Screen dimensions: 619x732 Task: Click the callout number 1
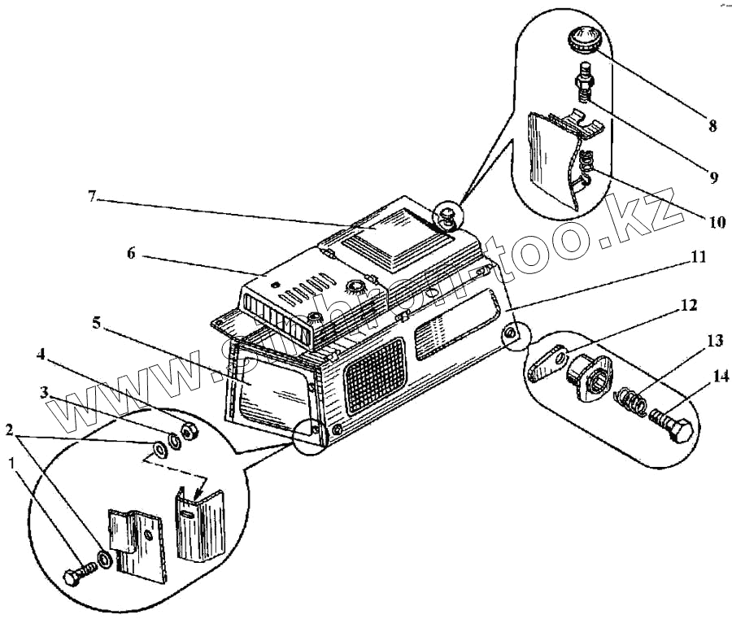point(12,463)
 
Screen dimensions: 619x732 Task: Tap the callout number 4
point(40,355)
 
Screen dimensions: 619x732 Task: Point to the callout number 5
point(97,323)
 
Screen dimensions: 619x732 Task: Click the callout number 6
point(131,254)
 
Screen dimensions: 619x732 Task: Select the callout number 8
point(712,125)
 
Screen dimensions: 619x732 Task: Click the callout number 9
point(712,177)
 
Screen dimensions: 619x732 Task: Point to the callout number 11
point(698,257)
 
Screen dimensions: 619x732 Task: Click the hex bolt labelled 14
point(672,425)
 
